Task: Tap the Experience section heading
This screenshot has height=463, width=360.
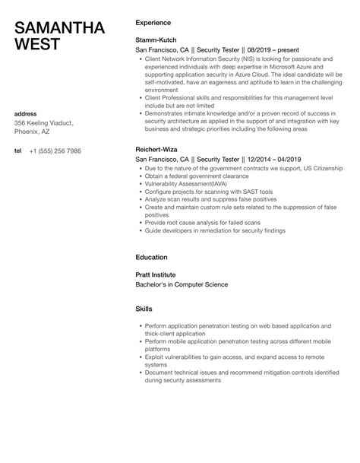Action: tap(153, 23)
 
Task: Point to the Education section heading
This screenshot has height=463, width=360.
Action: tap(152, 257)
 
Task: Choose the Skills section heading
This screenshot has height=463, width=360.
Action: tap(144, 309)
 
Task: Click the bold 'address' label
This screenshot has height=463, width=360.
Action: tap(27, 113)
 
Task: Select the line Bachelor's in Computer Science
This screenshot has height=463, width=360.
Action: tap(182, 284)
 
